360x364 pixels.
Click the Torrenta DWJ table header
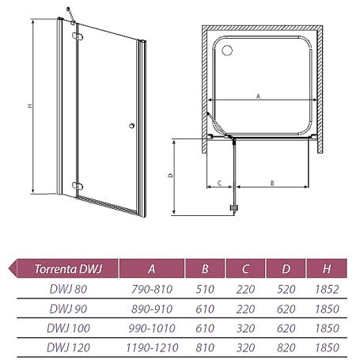(x=68, y=269)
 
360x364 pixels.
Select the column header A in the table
(x=151, y=269)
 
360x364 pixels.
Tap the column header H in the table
(x=327, y=269)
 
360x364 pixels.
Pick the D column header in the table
(x=286, y=269)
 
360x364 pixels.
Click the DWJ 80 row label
(x=68, y=289)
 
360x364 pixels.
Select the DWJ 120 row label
(x=68, y=347)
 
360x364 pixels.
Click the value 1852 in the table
(x=327, y=289)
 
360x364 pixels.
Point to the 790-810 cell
(x=152, y=289)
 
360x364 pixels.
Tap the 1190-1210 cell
(x=152, y=347)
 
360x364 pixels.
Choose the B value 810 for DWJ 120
(x=205, y=347)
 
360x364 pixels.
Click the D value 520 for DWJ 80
(x=286, y=289)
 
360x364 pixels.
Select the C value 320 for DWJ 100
(x=245, y=328)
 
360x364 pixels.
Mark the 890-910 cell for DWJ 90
(x=152, y=309)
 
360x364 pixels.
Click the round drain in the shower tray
(x=227, y=50)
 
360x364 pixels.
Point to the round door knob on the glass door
(x=132, y=126)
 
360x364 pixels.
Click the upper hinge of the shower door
(x=78, y=36)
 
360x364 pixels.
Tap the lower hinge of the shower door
(x=78, y=186)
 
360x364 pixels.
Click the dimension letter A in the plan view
(x=258, y=96)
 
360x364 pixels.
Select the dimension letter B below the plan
(x=272, y=183)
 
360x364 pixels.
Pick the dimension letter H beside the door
(x=30, y=106)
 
